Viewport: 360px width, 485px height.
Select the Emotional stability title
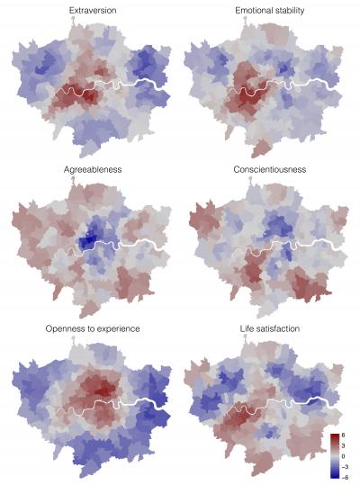coord(266,11)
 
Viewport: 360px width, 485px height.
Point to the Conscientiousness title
coord(266,168)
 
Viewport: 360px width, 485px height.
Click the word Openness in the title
coord(63,329)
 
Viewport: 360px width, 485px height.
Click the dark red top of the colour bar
coord(333,436)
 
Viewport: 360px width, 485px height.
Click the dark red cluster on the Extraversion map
coord(70,99)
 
